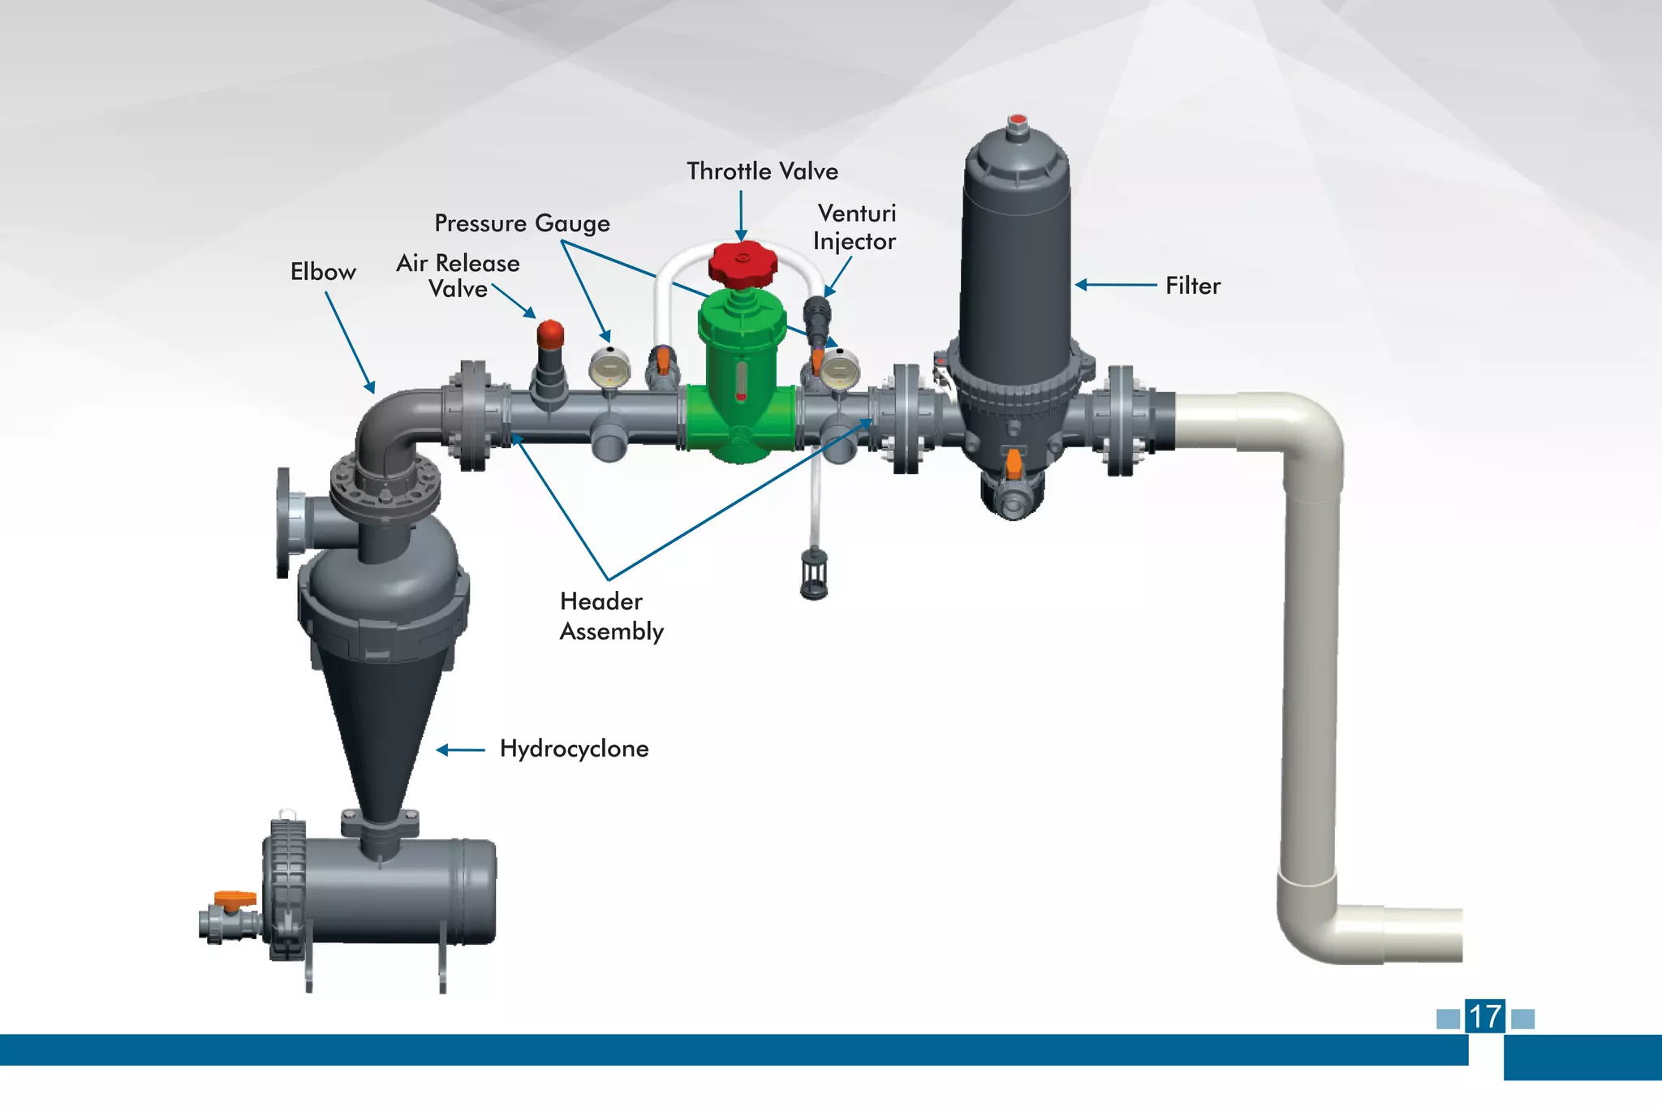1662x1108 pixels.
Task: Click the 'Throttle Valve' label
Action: point(762,171)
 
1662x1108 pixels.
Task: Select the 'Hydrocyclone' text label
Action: point(574,748)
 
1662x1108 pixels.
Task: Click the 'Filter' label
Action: point(1192,286)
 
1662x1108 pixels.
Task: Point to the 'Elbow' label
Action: point(323,272)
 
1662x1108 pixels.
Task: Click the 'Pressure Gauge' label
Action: point(522,223)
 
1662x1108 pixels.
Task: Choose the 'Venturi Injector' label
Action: point(855,227)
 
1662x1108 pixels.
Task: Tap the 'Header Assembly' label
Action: point(611,616)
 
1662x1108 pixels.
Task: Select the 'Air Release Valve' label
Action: point(459,276)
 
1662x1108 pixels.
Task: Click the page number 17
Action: point(1485,1016)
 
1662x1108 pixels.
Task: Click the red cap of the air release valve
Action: point(550,333)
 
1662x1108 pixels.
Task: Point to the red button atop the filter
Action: point(1017,122)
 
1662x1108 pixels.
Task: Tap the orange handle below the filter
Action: point(1014,463)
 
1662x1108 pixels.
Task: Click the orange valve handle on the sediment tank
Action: point(235,898)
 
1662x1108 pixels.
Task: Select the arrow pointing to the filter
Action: point(1116,285)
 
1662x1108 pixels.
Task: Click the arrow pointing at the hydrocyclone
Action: point(460,750)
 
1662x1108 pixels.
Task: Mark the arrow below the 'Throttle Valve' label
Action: point(741,216)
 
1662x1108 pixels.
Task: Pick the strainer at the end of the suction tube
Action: point(814,573)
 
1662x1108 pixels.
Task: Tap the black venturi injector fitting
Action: point(816,317)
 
